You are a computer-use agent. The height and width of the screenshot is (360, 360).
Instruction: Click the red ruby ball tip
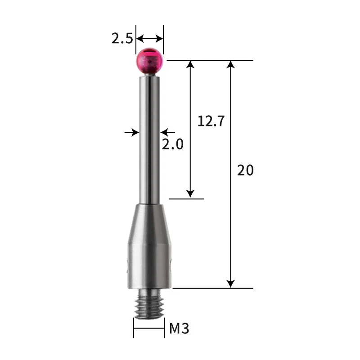pyautogui.click(x=149, y=60)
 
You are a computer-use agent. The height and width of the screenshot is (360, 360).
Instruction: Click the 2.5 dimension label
pyautogui.click(x=122, y=38)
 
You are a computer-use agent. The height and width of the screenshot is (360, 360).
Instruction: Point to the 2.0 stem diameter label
pyautogui.click(x=172, y=144)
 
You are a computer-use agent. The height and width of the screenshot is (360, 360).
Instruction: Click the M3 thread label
pyautogui.click(x=179, y=328)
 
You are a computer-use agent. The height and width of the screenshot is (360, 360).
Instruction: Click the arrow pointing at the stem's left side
pyautogui.click(x=133, y=132)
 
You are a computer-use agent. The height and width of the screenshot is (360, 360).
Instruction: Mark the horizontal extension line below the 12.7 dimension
pyautogui.click(x=187, y=198)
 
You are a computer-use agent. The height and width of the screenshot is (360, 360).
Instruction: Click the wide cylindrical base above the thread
pyautogui.click(x=149, y=265)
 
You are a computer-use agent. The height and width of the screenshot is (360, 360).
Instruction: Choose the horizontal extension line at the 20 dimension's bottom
pyautogui.click(x=211, y=288)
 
